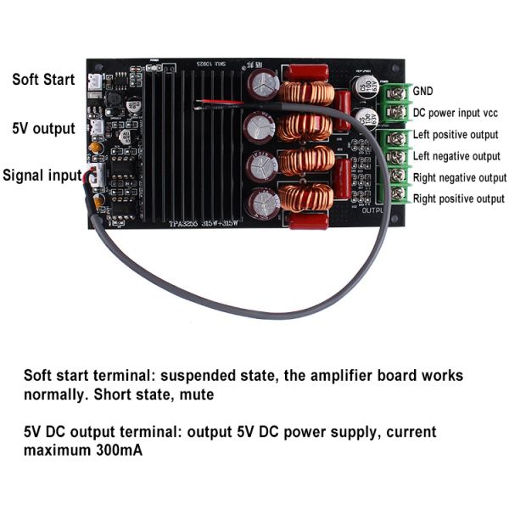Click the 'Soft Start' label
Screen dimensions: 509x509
pyautogui.click(x=42, y=80)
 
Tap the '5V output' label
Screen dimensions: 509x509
pyautogui.click(x=43, y=128)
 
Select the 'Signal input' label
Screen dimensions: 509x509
pyautogui.click(x=42, y=176)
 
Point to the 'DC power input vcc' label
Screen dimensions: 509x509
pyautogui.click(x=455, y=112)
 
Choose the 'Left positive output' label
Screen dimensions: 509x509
pyautogui.click(x=456, y=135)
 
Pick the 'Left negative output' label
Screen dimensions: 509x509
pyautogui.click(x=456, y=156)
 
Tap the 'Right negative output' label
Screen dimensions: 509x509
pyautogui.click(x=459, y=177)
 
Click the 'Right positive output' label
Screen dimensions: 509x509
pyautogui.click(x=458, y=199)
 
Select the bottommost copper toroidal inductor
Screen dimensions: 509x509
pyautogui.click(x=306, y=197)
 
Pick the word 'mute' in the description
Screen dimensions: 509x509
pyautogui.click(x=194, y=394)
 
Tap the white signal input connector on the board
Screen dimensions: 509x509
pyautogui.click(x=95, y=176)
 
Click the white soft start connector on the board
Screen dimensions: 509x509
pyautogui.click(x=94, y=81)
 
